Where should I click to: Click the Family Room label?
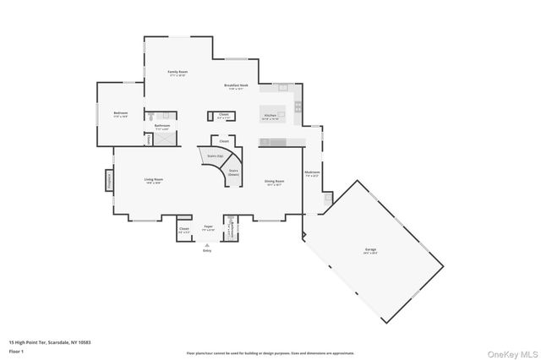pyautogui.click(x=178, y=72)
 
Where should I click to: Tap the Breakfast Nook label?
pyautogui.click(x=236, y=85)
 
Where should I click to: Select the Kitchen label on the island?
pyautogui.click(x=270, y=115)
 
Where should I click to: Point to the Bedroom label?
pyautogui.click(x=121, y=113)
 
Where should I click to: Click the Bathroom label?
pyautogui.click(x=161, y=126)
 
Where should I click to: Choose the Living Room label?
pyautogui.click(x=153, y=179)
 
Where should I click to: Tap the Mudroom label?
pyautogui.click(x=312, y=172)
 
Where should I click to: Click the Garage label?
pyautogui.click(x=370, y=249)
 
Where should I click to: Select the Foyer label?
pyautogui.click(x=208, y=226)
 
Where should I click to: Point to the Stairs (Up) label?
pyautogui.click(x=214, y=156)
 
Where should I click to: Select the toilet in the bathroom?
pyautogui.click(x=150, y=117)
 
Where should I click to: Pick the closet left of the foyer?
pyautogui.click(x=184, y=229)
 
